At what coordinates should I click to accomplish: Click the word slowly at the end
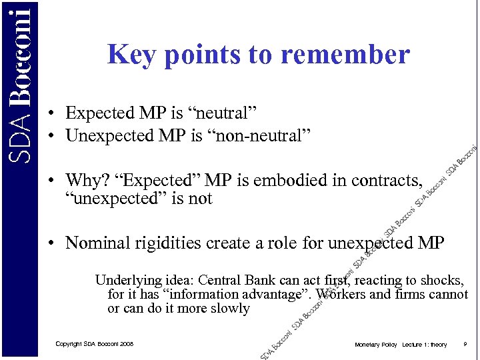[229, 309]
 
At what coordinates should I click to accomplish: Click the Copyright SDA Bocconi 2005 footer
[94, 344]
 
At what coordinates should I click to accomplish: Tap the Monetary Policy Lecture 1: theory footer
[401, 344]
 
